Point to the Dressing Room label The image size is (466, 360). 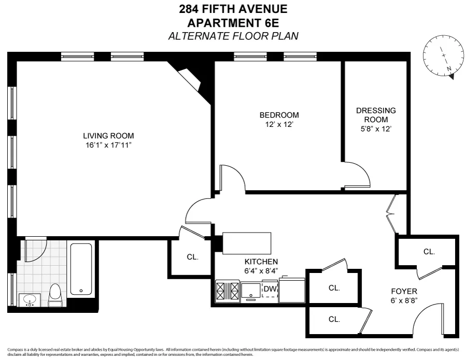click(x=375, y=115)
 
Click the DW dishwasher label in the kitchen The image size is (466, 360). click(x=269, y=289)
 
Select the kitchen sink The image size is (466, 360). click(x=251, y=291)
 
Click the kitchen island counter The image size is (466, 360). click(x=247, y=243)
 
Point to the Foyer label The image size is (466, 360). click(x=404, y=291)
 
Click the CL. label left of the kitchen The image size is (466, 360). click(x=192, y=257)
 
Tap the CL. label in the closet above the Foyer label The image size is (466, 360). click(x=429, y=252)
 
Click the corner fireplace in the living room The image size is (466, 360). click(x=188, y=78)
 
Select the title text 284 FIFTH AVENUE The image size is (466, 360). click(x=232, y=9)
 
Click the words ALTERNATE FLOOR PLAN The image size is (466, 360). click(x=233, y=36)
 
